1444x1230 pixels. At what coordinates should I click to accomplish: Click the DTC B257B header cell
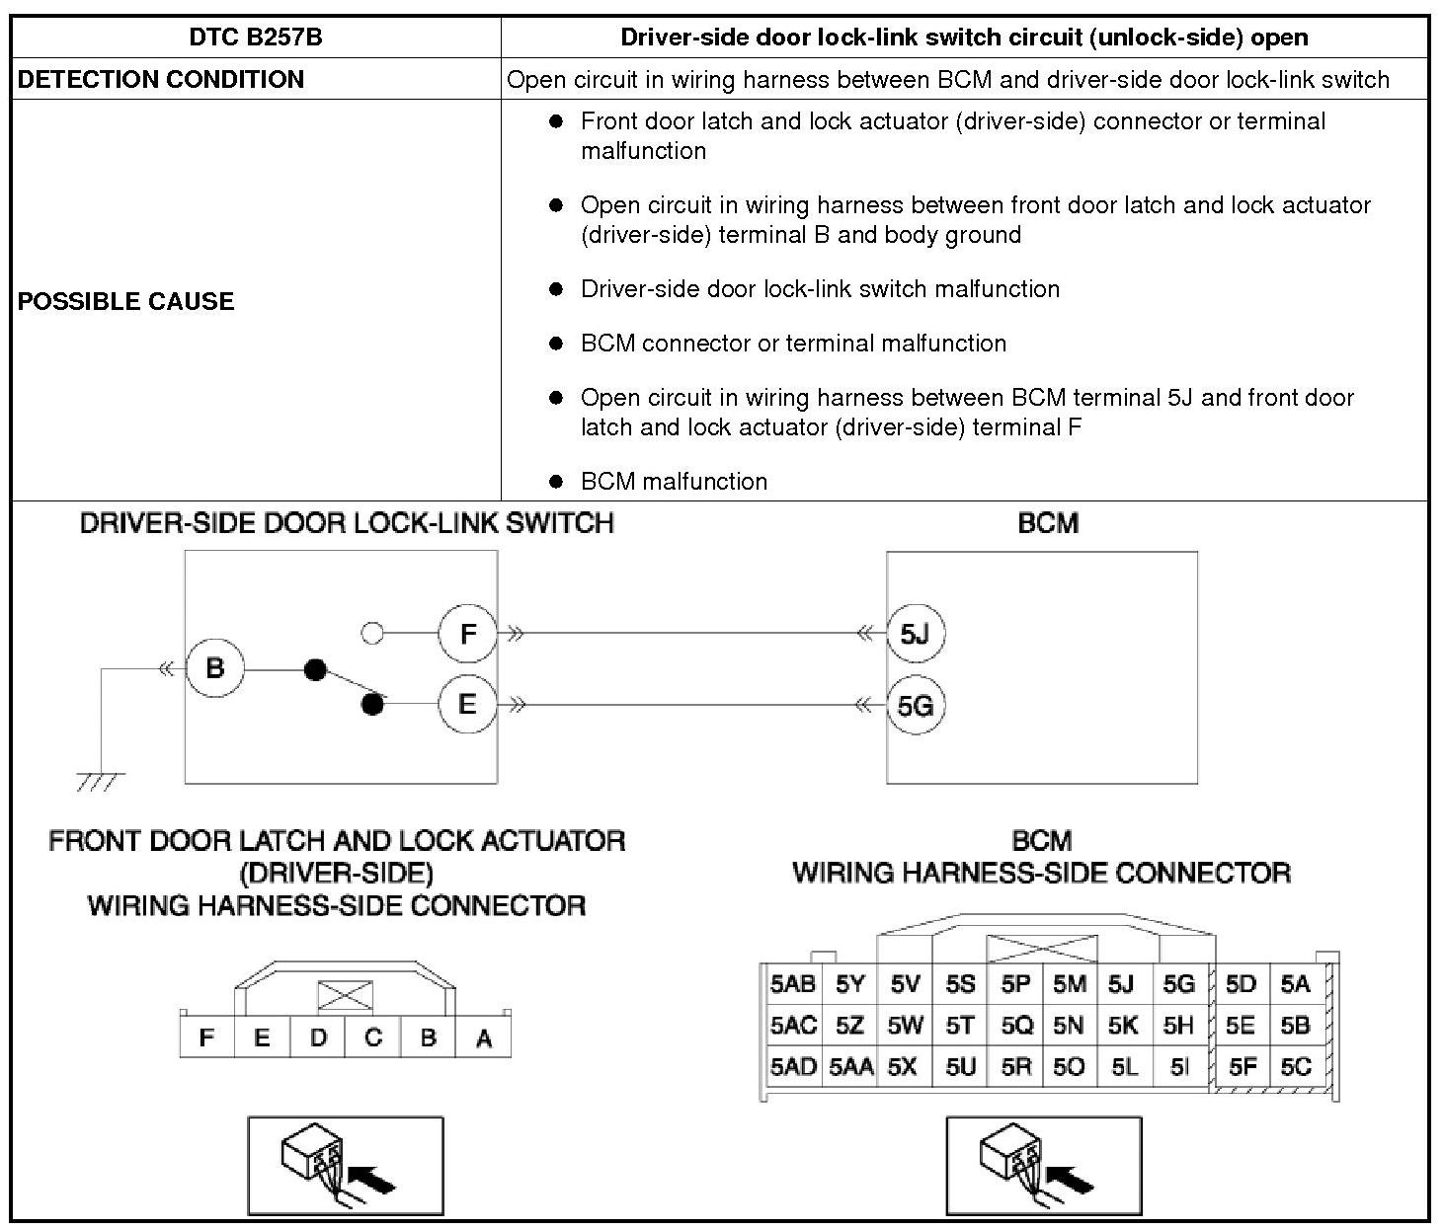(x=256, y=38)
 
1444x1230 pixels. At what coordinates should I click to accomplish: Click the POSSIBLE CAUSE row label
(x=126, y=301)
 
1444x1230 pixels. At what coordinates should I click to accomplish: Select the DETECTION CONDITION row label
(x=161, y=80)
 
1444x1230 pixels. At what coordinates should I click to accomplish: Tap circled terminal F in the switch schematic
(x=468, y=633)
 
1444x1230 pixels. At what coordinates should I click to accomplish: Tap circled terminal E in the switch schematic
(x=468, y=704)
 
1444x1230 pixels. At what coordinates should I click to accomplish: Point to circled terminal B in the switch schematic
(x=214, y=668)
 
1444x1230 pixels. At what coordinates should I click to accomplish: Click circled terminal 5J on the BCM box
(x=916, y=633)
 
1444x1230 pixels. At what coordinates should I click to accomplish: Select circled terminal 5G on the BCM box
(x=916, y=705)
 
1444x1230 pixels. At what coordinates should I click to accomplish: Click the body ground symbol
(x=101, y=781)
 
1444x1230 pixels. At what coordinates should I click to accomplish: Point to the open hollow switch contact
(x=372, y=633)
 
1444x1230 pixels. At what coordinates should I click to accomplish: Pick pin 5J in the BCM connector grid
(x=1120, y=984)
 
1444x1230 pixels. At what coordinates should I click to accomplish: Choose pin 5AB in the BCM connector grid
(x=793, y=984)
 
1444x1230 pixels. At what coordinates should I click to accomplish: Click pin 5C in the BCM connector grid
(x=1295, y=1067)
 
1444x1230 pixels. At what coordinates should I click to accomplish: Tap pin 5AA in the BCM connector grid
(x=850, y=1067)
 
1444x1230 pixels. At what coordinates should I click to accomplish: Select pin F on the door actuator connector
(x=206, y=1038)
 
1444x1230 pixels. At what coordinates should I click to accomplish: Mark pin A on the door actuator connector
(x=483, y=1038)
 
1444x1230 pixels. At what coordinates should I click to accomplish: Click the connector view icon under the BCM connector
(x=1043, y=1166)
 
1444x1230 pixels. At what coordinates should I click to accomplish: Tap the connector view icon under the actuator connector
(x=345, y=1166)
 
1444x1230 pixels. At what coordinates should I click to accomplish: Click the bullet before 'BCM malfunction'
(x=556, y=482)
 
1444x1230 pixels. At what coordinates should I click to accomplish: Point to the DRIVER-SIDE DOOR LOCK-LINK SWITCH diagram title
(x=347, y=523)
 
